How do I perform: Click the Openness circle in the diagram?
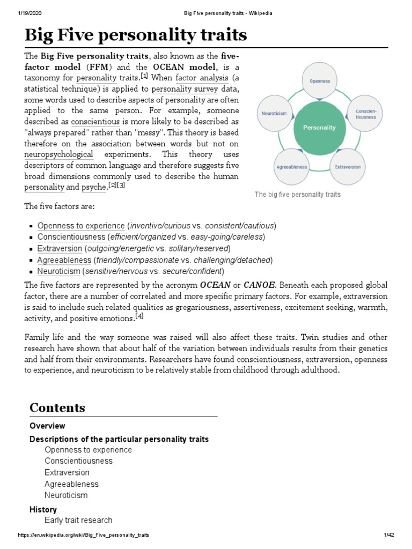(x=319, y=81)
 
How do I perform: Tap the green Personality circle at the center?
(x=319, y=128)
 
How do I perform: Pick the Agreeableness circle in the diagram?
(x=292, y=167)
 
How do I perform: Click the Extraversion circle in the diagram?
(x=348, y=167)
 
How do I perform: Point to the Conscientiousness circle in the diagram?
(x=366, y=114)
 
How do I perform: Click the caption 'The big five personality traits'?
(x=298, y=195)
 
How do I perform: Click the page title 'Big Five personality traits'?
(x=136, y=35)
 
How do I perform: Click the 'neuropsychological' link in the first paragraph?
(x=58, y=154)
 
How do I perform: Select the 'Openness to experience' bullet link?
(x=81, y=225)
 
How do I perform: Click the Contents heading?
(x=57, y=407)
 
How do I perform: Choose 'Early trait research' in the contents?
(x=78, y=520)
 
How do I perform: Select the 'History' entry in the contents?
(x=43, y=509)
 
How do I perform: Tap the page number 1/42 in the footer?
(x=389, y=536)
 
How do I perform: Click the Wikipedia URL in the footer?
(x=83, y=536)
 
